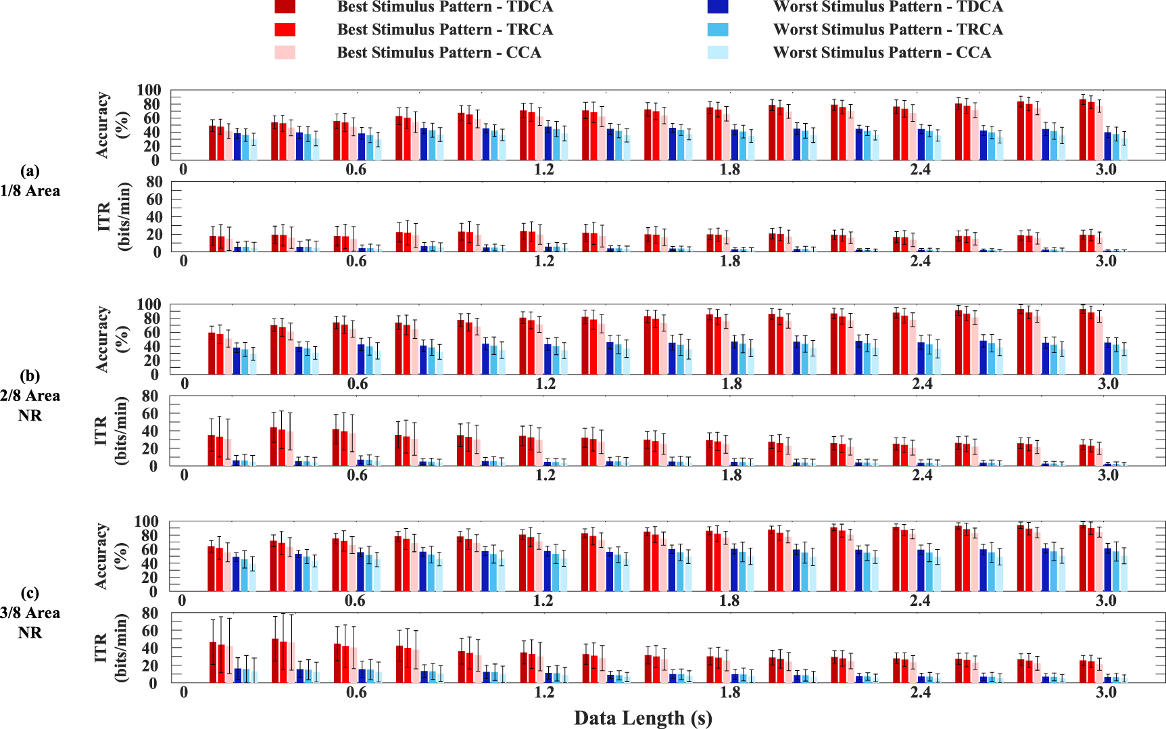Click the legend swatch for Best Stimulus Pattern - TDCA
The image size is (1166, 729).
pos(285,7)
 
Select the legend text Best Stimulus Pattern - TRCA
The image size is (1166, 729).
pos(445,30)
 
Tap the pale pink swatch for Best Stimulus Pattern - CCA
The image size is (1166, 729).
pos(285,52)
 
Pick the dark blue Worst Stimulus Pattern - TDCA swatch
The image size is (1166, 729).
pos(717,7)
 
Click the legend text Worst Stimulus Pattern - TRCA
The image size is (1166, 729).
pos(888,30)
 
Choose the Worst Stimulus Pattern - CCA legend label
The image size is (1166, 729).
pos(881,53)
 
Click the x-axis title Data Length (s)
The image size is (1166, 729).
pos(643,718)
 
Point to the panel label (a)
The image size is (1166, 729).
pos(30,170)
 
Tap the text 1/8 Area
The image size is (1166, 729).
pos(30,191)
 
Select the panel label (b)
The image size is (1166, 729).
pos(30,375)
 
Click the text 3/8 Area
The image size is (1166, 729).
pos(30,613)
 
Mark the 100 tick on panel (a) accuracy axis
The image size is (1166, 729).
pos(149,91)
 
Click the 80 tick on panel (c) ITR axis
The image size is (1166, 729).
pos(149,613)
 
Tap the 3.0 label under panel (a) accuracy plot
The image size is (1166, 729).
pos(1106,169)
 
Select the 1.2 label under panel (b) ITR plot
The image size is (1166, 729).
pos(545,475)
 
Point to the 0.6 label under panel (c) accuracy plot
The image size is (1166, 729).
pos(356,601)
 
